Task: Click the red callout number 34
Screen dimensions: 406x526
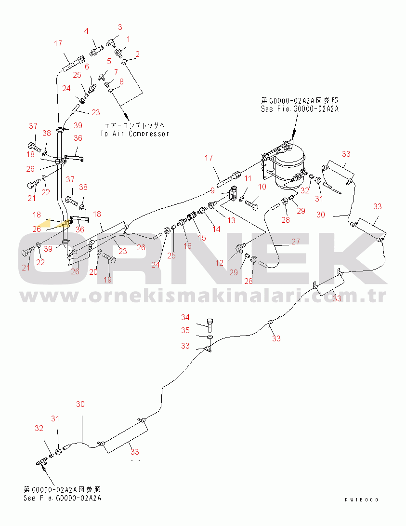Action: click(185, 317)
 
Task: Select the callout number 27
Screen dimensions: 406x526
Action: click(295, 242)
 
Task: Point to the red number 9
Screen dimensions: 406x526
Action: click(212, 190)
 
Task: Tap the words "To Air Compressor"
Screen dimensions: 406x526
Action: click(135, 134)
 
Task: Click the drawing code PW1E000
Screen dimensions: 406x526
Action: click(361, 500)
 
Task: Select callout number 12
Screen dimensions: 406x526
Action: click(220, 263)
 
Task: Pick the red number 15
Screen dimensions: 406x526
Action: click(202, 238)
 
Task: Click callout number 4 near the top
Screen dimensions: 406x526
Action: click(86, 31)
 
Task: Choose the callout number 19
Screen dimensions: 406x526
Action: click(107, 280)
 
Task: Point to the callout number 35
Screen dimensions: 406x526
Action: click(185, 330)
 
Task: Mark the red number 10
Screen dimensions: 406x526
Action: click(262, 187)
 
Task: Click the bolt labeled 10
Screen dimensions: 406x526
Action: click(252, 203)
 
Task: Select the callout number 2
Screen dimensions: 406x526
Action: click(137, 54)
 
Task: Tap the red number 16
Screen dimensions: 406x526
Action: click(188, 246)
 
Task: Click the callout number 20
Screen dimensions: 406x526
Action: click(93, 272)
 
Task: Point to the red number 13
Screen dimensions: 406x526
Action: click(231, 220)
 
